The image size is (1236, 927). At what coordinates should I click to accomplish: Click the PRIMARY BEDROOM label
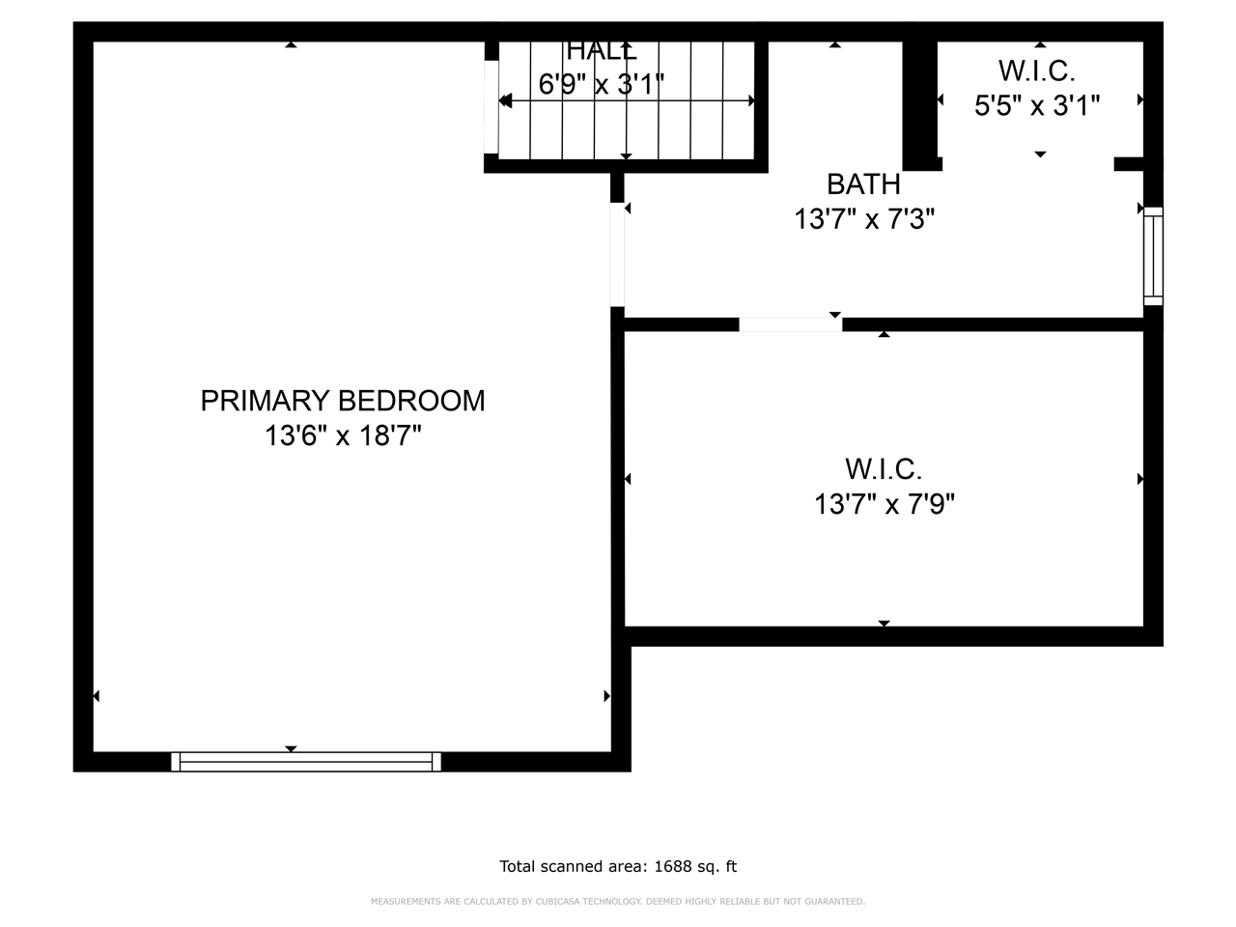[x=343, y=401]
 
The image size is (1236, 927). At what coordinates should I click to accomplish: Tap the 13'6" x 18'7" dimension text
[x=343, y=436]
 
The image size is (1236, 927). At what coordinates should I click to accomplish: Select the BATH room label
[x=863, y=183]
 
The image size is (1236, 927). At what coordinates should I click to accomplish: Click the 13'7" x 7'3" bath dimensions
[x=863, y=220]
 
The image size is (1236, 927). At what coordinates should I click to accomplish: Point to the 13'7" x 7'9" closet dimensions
[x=884, y=504]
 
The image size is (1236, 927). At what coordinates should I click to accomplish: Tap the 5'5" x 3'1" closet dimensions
[x=1037, y=105]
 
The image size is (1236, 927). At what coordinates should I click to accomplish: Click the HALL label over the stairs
[x=601, y=51]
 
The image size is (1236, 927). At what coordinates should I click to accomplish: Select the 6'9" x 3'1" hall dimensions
[x=601, y=85]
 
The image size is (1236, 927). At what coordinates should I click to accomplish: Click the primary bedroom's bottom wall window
[x=306, y=762]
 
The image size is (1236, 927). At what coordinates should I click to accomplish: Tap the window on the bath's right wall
[x=1153, y=256]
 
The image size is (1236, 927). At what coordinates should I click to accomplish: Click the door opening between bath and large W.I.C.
[x=790, y=324]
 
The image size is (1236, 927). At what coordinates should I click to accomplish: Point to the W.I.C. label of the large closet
[x=884, y=469]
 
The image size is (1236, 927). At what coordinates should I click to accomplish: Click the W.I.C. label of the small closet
[x=1037, y=70]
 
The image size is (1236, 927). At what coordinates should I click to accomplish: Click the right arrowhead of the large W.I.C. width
[x=1140, y=479]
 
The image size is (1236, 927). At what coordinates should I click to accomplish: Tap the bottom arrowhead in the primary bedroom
[x=291, y=749]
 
